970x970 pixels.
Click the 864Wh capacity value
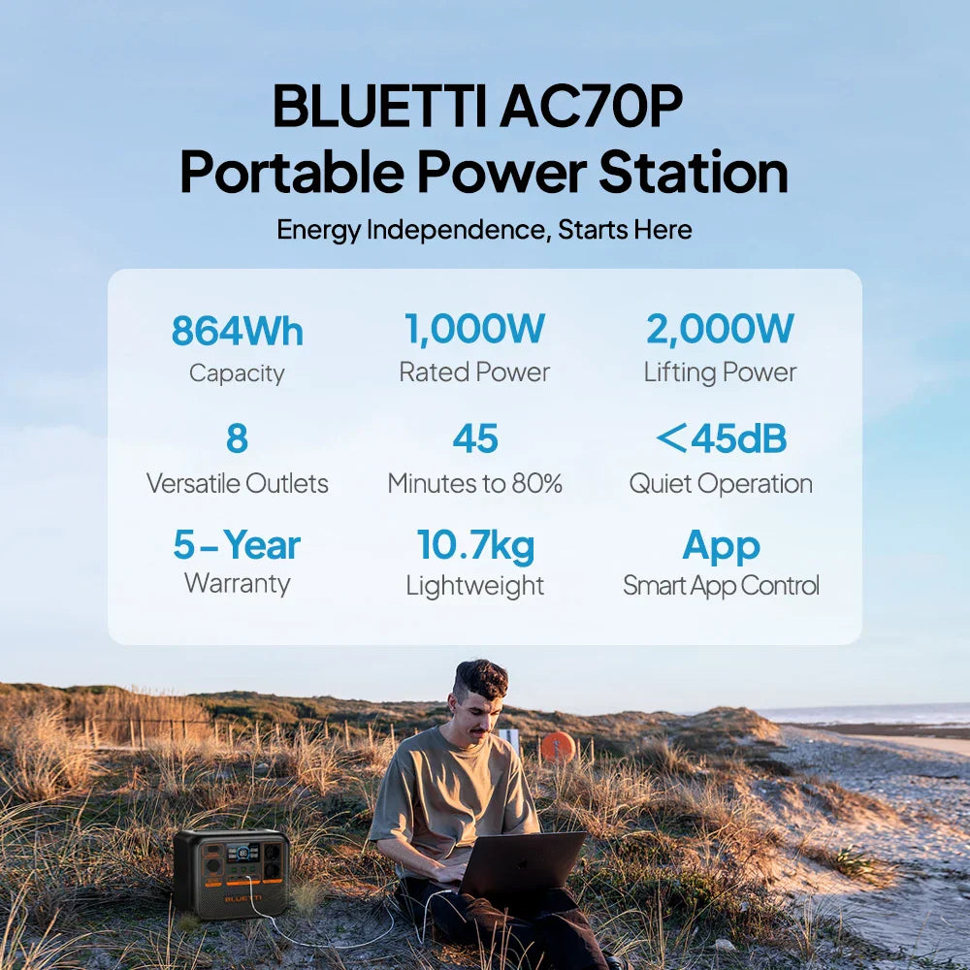[237, 331]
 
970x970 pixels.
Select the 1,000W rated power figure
[474, 329]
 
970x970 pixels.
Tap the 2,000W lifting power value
[720, 329]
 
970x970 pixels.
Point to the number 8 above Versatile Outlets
[237, 438]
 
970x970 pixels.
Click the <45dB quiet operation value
[721, 438]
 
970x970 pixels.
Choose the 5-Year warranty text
[237, 545]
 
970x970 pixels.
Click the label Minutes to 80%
[475, 483]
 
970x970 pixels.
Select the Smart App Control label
[722, 585]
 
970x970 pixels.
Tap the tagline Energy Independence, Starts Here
[484, 230]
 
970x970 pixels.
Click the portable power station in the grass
[232, 872]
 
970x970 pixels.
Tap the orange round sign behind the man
[558, 747]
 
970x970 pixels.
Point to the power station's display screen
[243, 852]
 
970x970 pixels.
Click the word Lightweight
[475, 586]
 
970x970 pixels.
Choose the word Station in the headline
[694, 172]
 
